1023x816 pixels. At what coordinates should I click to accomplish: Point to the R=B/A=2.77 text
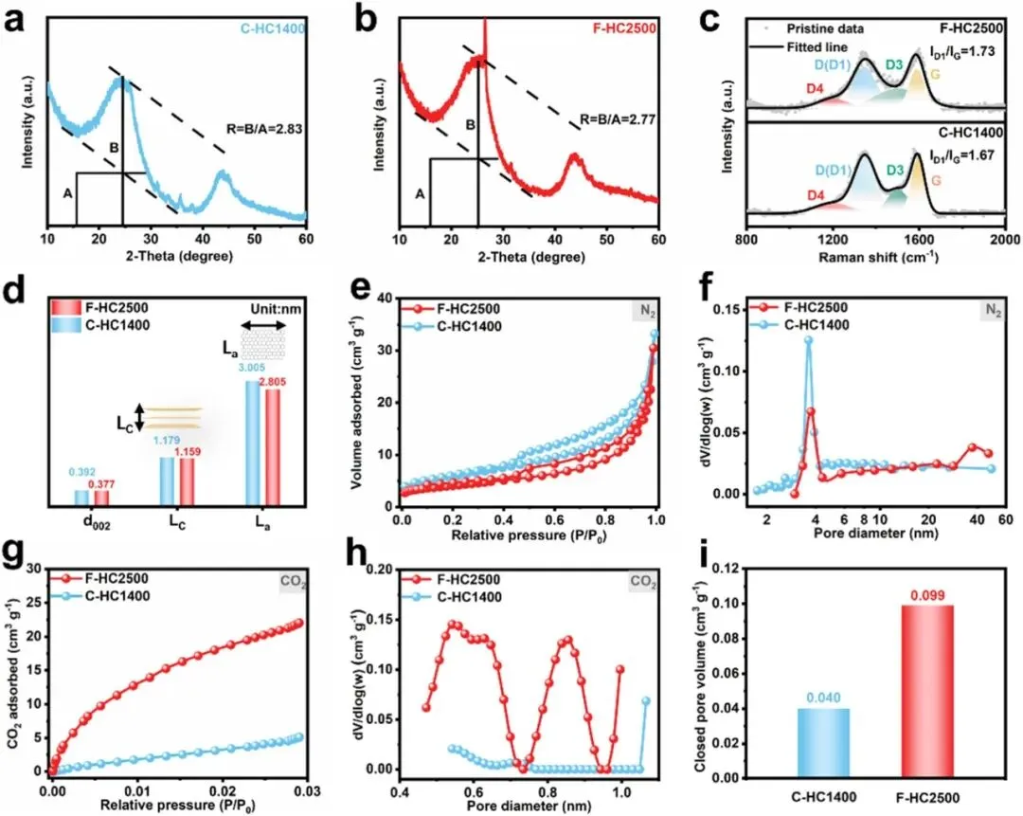[619, 121]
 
